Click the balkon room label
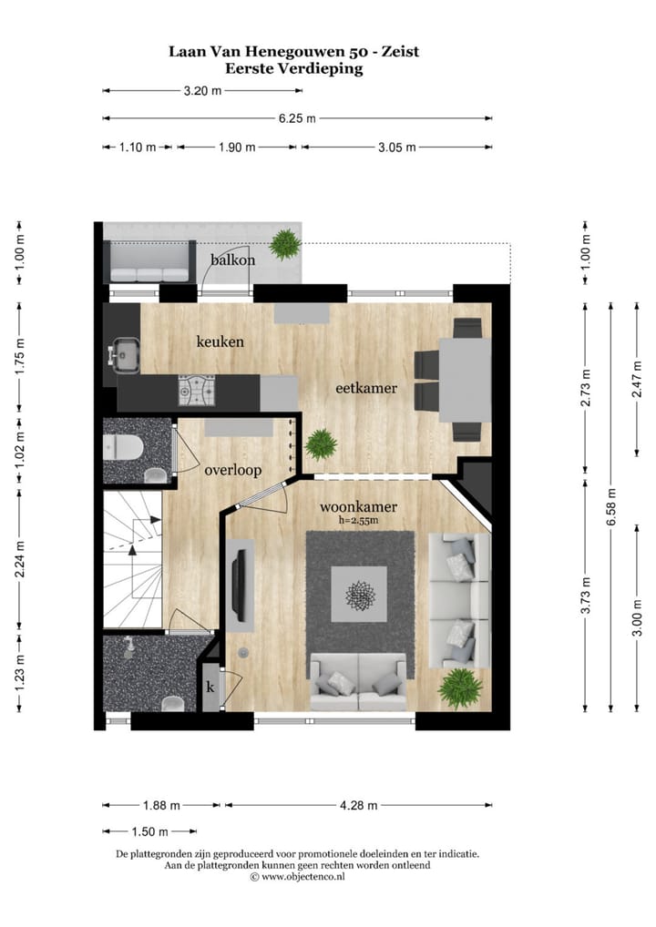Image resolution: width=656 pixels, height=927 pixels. click(x=232, y=260)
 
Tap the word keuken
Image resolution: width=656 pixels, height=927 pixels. click(x=220, y=341)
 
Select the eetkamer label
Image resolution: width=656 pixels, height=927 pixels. click(x=366, y=389)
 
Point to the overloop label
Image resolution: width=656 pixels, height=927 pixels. click(x=233, y=471)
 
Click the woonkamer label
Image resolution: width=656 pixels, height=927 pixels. click(x=358, y=506)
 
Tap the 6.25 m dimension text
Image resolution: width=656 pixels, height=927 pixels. click(x=298, y=118)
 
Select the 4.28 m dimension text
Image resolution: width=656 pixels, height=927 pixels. click(x=358, y=805)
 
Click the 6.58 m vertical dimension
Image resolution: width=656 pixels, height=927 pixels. click(x=611, y=506)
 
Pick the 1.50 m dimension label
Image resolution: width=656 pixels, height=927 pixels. click(x=149, y=831)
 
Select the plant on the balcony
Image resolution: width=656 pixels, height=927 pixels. click(x=285, y=244)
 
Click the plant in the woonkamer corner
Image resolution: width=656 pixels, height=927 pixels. click(x=459, y=688)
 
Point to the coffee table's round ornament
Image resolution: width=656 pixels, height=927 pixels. click(x=359, y=595)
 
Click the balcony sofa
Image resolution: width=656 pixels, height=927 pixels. click(x=149, y=262)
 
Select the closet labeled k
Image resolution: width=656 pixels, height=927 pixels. click(x=210, y=687)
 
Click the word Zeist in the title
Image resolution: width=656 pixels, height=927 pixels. click(x=400, y=51)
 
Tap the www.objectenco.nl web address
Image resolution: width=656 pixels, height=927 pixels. click(x=302, y=877)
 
